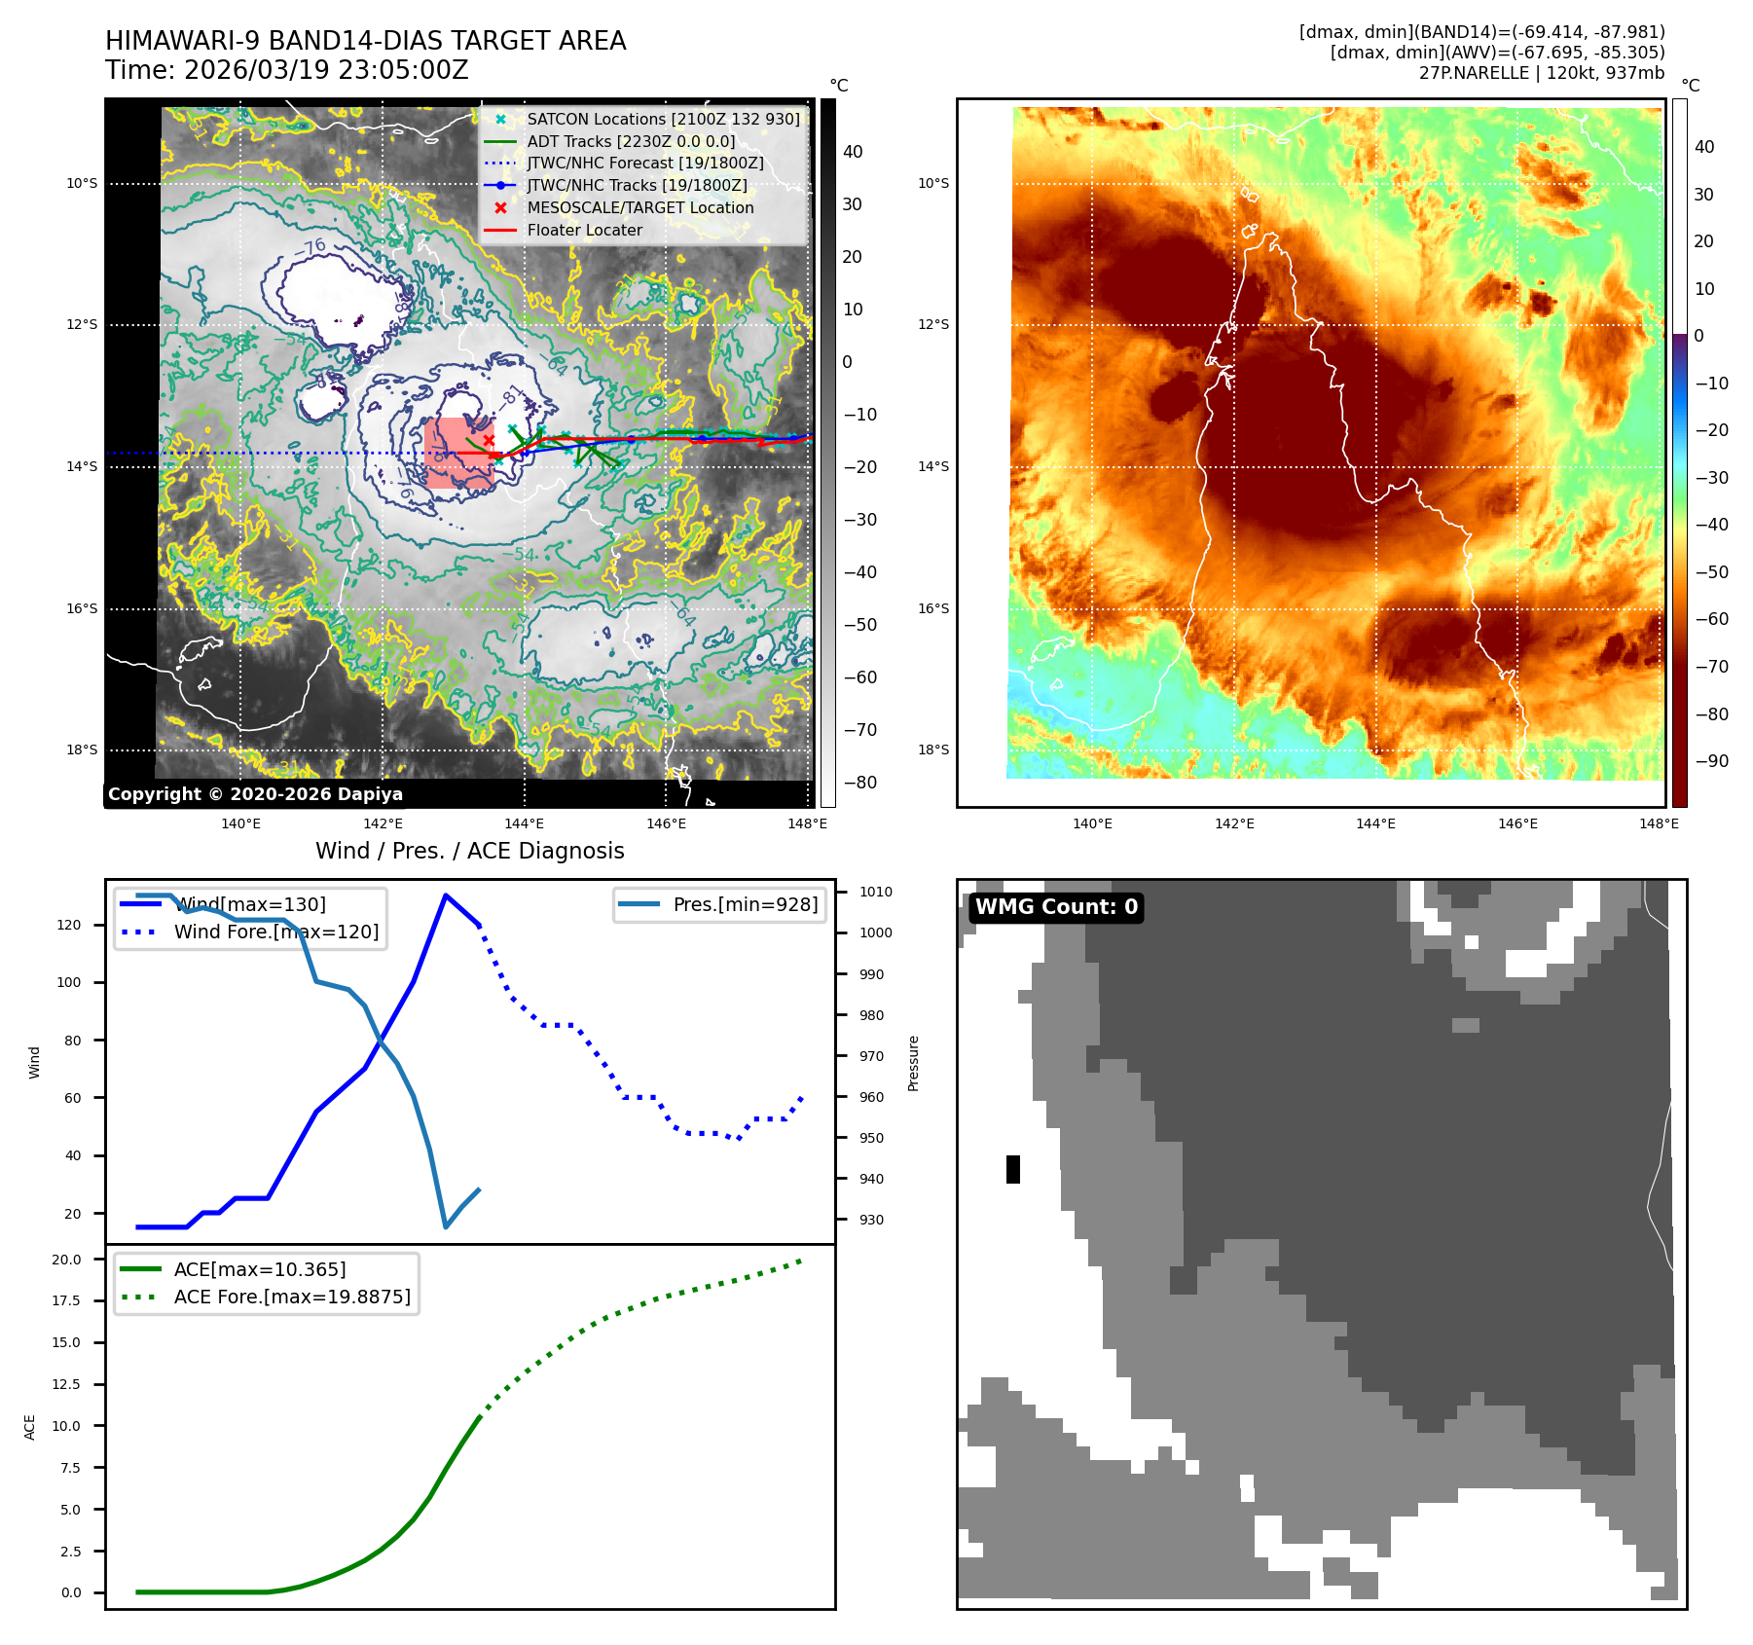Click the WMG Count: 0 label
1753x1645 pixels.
1056,907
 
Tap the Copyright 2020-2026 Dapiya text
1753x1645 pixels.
255,794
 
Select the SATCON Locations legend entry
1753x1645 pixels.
662,119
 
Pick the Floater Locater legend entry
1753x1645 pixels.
584,231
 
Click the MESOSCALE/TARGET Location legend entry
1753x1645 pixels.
639,208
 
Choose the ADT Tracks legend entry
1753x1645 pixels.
631,141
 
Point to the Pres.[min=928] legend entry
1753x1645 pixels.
745,904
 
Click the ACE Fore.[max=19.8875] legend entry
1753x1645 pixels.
291,1297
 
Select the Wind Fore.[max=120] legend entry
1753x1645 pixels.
275,932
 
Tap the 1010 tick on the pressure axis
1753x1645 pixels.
875,892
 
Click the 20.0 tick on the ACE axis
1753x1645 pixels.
67,1260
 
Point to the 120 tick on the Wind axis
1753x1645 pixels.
69,925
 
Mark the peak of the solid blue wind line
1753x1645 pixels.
446,896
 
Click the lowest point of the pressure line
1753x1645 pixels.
446,1226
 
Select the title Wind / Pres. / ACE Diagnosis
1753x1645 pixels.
469,851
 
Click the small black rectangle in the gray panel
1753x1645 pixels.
1013,1169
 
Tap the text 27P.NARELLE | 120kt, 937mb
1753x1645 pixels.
1542,73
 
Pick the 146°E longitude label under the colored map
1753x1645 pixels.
1517,823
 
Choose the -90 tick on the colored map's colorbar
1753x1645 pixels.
1711,761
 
